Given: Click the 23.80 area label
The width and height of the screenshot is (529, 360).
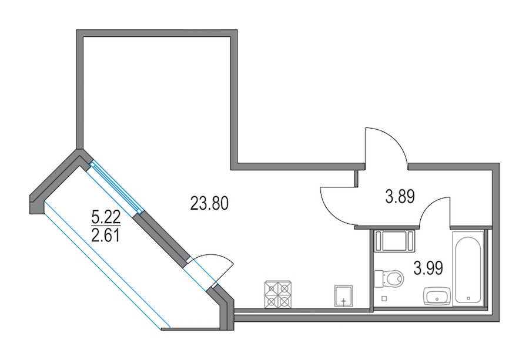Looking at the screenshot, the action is [209, 203].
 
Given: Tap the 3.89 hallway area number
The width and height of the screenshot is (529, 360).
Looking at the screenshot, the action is [400, 197].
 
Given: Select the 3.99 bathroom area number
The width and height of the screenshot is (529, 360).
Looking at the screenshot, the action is [428, 268].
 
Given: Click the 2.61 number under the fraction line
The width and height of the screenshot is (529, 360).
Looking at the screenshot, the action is [106, 235].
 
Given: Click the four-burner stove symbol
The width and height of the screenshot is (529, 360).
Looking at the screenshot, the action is [278, 294].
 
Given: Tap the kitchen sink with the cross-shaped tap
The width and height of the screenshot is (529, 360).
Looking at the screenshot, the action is [343, 297].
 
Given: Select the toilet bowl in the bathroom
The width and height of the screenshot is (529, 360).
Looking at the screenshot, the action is [394, 279].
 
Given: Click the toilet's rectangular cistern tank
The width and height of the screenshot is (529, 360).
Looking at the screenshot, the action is [380, 279].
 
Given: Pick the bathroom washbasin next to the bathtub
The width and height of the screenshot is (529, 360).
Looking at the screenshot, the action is [437, 297].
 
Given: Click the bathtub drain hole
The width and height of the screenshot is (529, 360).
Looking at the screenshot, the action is [468, 298].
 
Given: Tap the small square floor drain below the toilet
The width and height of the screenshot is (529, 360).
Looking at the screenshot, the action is [384, 298].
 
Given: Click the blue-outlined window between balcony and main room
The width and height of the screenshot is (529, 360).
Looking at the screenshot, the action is [115, 187].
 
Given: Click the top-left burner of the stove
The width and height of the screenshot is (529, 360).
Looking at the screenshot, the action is [272, 288].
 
